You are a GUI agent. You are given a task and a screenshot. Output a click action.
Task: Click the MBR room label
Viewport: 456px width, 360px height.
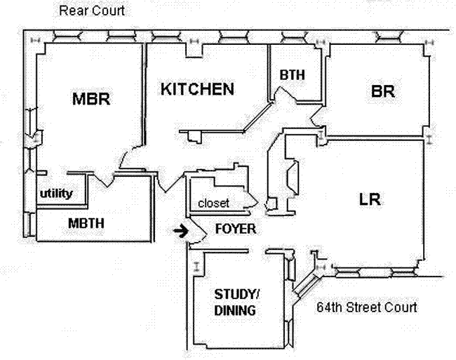click(92, 99)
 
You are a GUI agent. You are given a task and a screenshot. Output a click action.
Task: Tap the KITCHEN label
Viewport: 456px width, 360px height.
click(197, 89)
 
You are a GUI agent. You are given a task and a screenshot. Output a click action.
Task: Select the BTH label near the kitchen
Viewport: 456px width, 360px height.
click(291, 74)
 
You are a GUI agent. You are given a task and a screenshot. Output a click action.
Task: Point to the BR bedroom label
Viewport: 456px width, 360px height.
click(382, 92)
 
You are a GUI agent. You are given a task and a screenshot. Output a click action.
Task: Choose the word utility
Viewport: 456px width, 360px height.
click(56, 193)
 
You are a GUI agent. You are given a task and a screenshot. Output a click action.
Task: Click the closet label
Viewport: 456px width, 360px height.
click(213, 203)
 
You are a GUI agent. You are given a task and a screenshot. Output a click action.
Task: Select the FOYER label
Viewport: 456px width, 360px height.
click(235, 229)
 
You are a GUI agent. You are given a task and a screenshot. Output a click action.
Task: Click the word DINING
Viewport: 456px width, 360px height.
click(234, 310)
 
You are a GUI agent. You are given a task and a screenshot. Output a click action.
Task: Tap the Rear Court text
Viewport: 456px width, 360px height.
click(92, 11)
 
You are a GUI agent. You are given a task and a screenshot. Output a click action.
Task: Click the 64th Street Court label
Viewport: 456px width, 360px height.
click(366, 307)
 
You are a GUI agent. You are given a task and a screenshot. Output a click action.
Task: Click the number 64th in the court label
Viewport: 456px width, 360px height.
click(329, 307)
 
